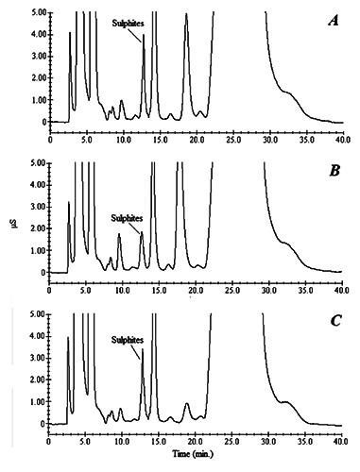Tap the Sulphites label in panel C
point(128,339)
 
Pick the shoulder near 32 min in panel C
point(286,403)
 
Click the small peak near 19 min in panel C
point(186,405)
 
